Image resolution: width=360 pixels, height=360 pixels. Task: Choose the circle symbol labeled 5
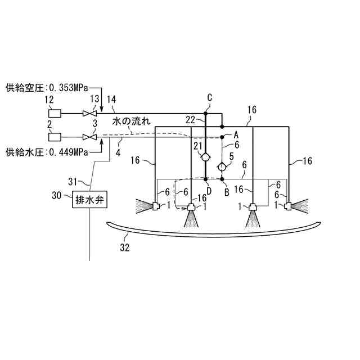[x=222, y=166]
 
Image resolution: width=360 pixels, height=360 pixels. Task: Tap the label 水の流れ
[x=131, y=121]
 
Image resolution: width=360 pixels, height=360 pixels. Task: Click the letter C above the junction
[x=209, y=98]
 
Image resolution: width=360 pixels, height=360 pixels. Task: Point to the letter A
[x=236, y=134]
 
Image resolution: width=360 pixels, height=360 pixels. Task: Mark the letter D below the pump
[x=209, y=191]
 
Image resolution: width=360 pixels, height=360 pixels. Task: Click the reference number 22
[x=190, y=119]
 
